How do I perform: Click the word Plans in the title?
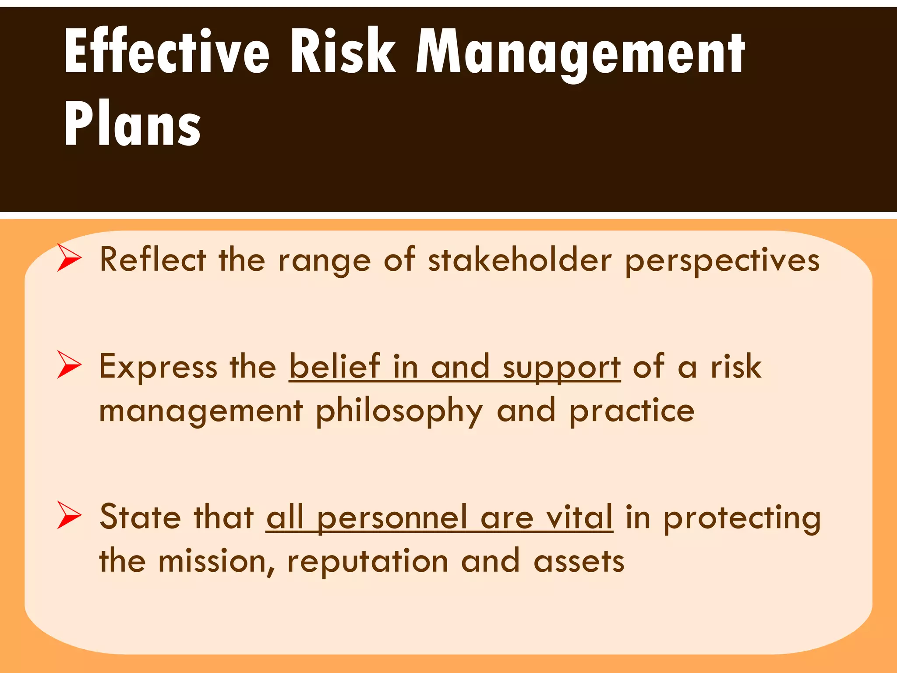132,124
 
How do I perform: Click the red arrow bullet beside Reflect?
69,259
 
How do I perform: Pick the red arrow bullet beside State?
69,516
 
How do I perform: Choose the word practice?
632,412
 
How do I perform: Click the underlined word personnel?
392,518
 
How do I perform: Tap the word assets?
579,562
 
